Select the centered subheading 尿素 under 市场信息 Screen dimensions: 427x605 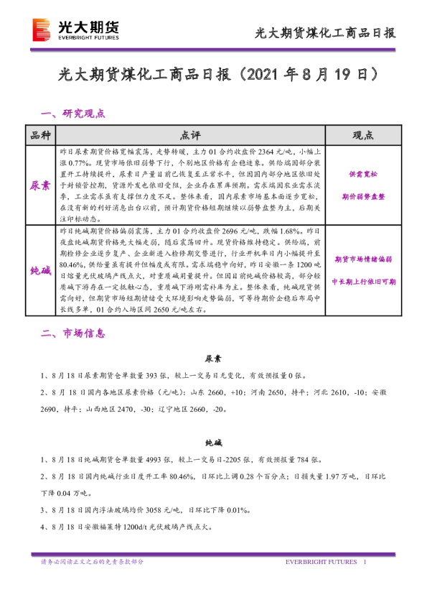coord(213,358)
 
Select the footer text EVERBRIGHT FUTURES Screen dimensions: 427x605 coord(320,561)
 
